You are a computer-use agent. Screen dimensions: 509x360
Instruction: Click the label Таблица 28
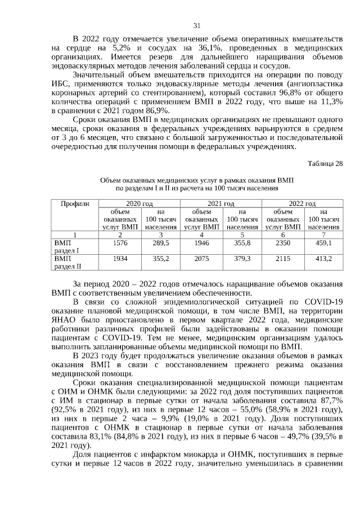[325, 164]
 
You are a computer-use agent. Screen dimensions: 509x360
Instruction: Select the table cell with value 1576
[120, 242]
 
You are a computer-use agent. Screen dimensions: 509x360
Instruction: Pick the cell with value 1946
[201, 242]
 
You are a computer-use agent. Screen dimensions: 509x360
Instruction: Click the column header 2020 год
[140, 203]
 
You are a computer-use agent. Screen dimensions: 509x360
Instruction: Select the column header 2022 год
[303, 203]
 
